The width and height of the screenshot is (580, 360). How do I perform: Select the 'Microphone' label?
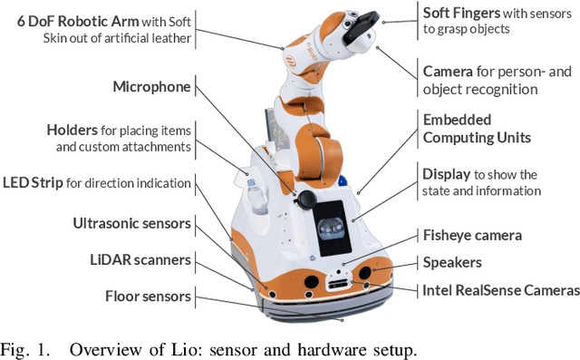click(151, 86)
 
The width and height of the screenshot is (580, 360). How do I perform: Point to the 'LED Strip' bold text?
click(34, 182)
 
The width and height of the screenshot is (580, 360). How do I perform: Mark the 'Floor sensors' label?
click(148, 296)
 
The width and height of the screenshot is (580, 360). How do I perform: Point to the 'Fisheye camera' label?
click(472, 235)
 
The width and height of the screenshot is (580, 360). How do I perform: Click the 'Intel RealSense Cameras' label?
click(500, 290)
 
